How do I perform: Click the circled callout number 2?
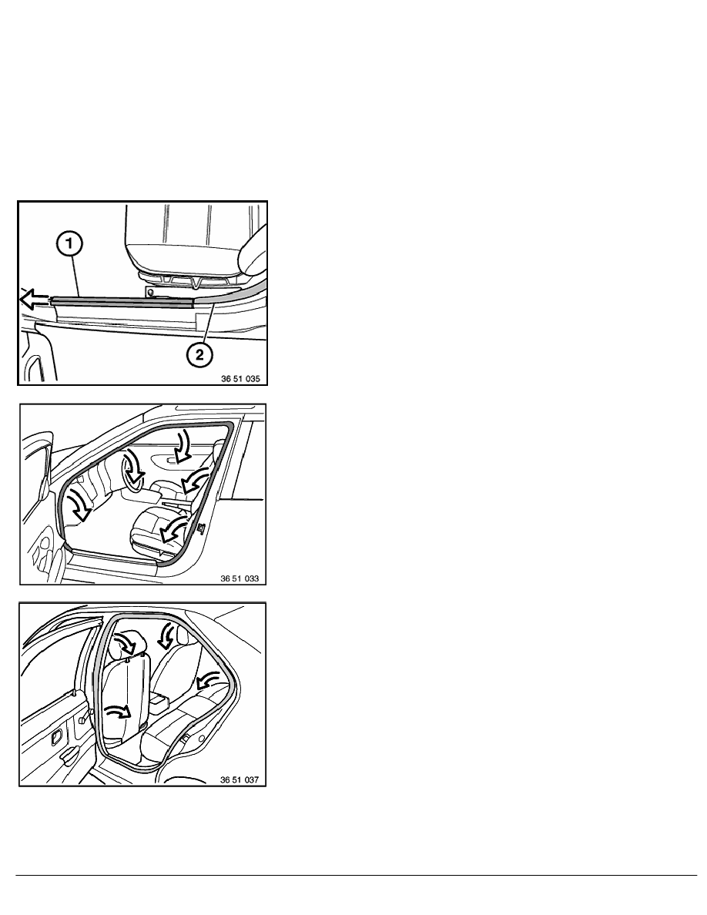point(200,354)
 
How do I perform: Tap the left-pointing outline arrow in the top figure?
point(35,300)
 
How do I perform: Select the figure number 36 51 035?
point(240,379)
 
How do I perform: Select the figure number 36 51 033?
point(240,578)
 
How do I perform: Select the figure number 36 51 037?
point(240,779)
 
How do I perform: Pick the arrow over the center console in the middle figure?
point(196,481)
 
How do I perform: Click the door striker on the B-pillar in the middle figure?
point(201,528)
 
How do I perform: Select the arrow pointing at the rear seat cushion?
point(208,679)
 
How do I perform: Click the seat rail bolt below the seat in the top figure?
point(151,291)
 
